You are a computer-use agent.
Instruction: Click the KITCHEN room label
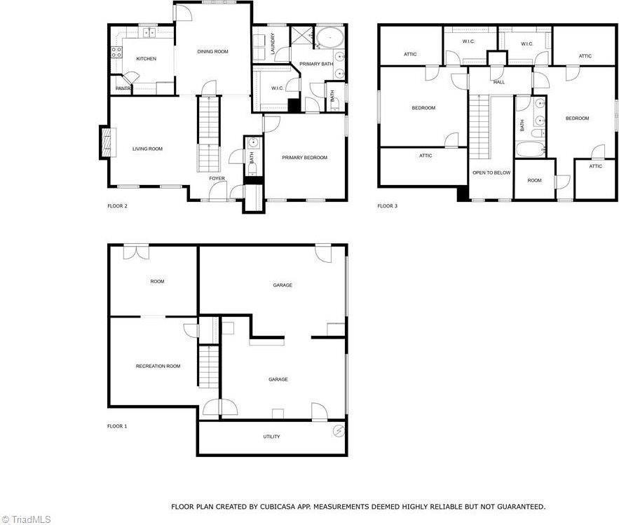[x=146, y=59]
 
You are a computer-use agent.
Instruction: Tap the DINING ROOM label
[x=212, y=51]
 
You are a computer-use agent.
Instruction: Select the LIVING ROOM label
[x=147, y=149]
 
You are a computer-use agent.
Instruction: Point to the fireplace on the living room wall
[x=104, y=142]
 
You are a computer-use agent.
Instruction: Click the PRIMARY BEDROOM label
[x=304, y=158]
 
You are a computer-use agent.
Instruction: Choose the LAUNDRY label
[x=272, y=43]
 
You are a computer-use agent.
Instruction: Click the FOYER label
[x=217, y=179]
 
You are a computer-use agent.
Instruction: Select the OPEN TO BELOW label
[x=491, y=172]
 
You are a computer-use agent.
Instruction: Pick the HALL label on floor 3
[x=498, y=82]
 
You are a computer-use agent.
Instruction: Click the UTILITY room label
[x=271, y=437]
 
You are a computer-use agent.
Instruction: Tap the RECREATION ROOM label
[x=158, y=366]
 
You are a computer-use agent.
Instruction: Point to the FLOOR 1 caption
[x=117, y=426]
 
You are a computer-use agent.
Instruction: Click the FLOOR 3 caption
[x=387, y=206]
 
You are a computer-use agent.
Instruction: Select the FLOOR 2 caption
[x=117, y=206]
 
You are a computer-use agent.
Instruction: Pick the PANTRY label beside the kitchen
[x=123, y=88]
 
